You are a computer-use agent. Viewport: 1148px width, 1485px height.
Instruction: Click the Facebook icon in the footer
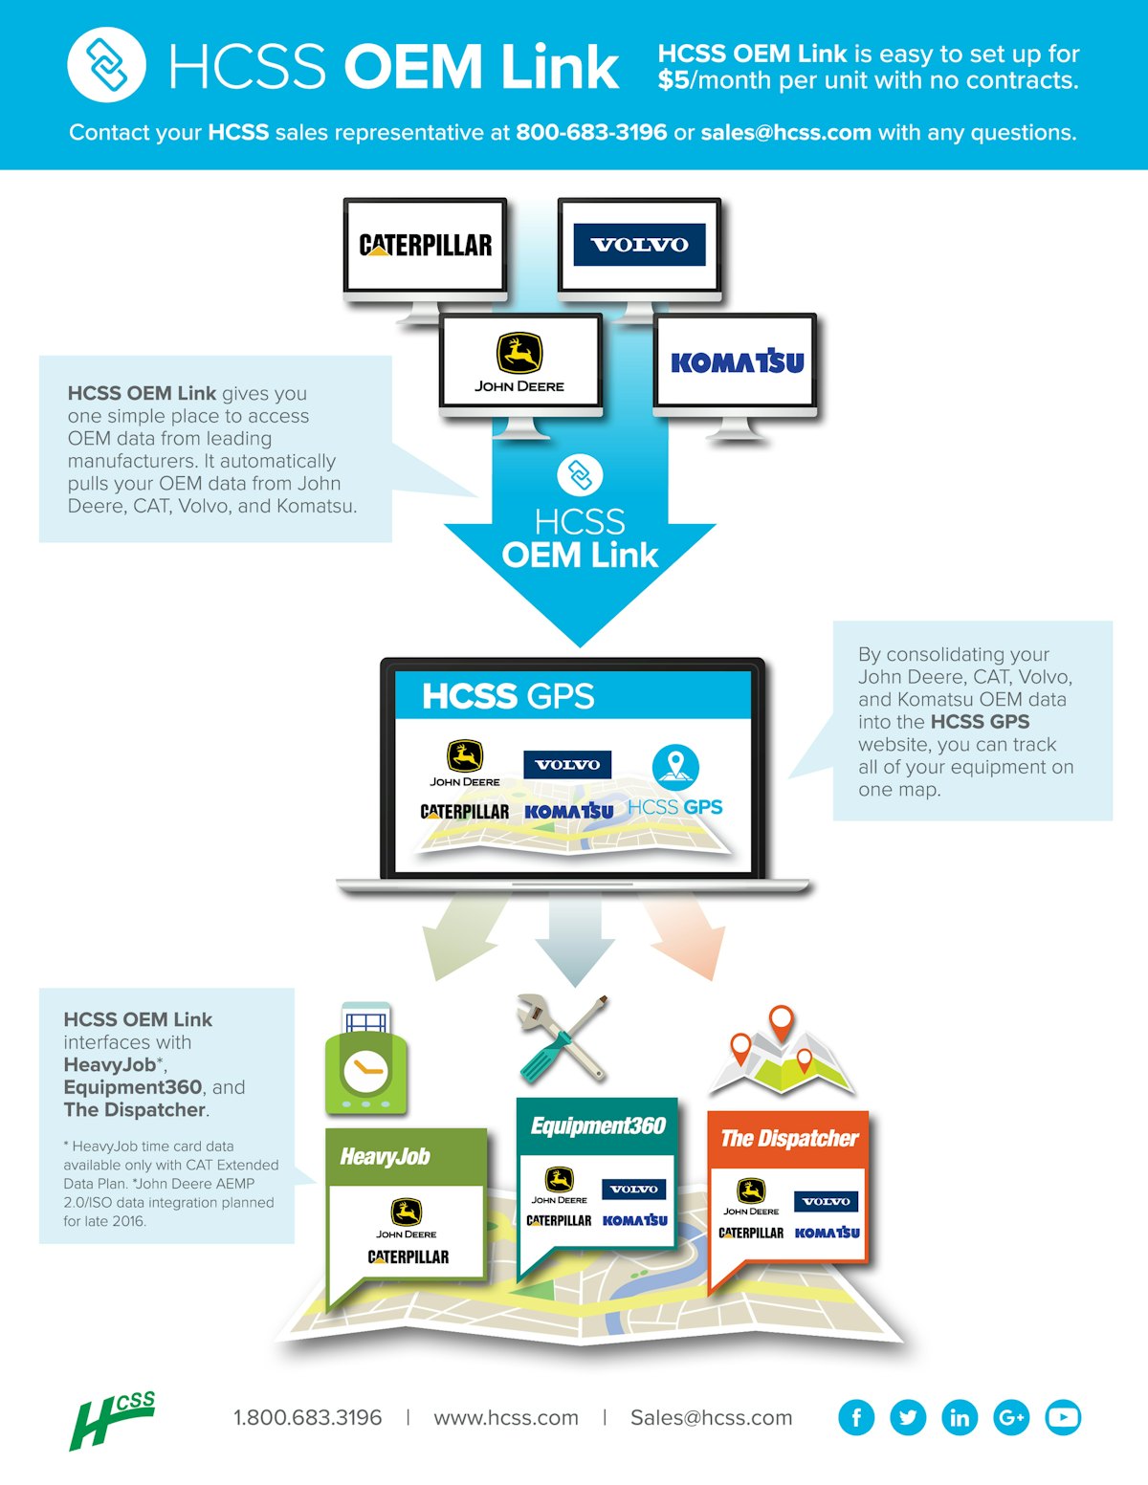click(x=856, y=1417)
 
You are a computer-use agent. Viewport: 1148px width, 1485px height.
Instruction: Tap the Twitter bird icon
click(x=908, y=1417)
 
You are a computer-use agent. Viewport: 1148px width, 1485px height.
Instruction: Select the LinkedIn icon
click(x=960, y=1417)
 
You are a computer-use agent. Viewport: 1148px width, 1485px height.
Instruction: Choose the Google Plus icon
click(x=1011, y=1417)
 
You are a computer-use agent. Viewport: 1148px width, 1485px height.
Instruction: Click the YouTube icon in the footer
click(x=1063, y=1417)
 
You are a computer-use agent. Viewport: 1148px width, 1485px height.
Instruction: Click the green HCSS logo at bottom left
click(x=113, y=1420)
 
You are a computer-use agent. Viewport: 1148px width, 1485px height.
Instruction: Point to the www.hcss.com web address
click(x=506, y=1418)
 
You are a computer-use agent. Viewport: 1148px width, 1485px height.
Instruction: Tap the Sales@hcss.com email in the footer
click(x=711, y=1418)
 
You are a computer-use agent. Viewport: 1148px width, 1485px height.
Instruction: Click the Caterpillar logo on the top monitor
click(x=426, y=246)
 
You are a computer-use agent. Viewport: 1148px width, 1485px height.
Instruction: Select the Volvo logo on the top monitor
click(x=639, y=245)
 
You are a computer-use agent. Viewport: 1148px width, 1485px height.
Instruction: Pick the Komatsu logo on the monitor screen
click(x=737, y=362)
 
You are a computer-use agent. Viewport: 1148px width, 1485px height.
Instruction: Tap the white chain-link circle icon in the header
click(x=106, y=65)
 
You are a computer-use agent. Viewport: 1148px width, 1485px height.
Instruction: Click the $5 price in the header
click(x=673, y=80)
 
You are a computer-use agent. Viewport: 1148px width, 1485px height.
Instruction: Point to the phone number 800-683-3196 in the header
click(x=591, y=132)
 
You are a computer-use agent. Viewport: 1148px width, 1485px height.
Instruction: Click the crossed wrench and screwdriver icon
click(x=562, y=1038)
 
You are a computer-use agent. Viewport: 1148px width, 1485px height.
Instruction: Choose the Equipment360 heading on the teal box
click(x=598, y=1126)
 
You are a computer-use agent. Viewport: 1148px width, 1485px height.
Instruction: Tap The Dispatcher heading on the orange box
click(x=789, y=1139)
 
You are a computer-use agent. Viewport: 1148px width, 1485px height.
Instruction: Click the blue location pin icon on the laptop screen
click(x=675, y=766)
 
